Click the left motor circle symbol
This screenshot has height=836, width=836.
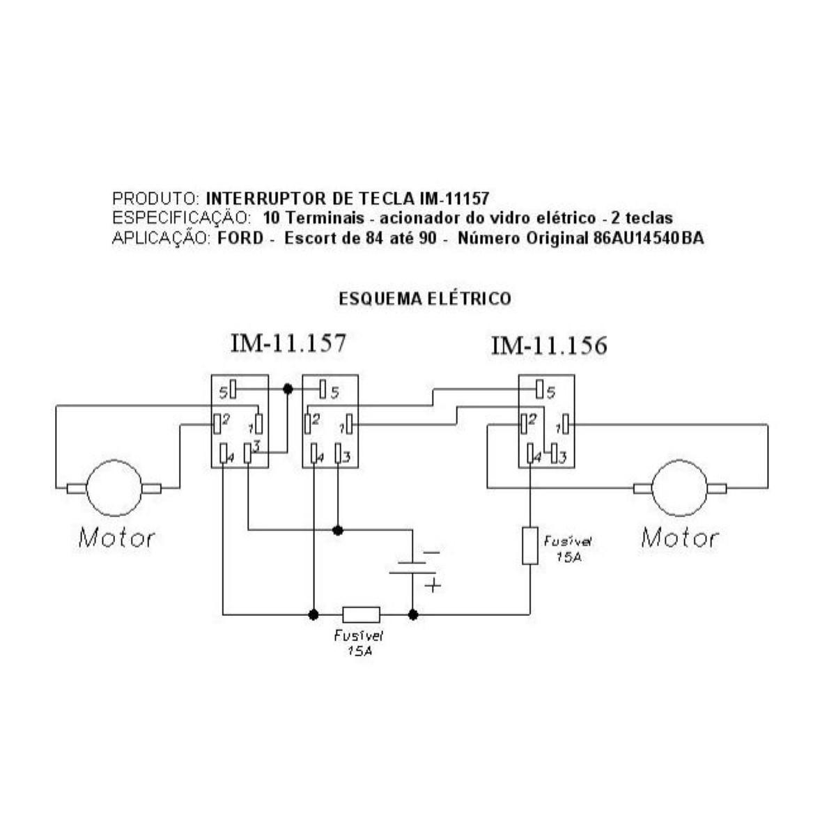(x=114, y=488)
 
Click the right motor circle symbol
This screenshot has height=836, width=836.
(x=679, y=488)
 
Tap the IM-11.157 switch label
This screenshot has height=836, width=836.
(x=288, y=343)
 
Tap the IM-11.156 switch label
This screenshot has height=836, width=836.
(x=549, y=346)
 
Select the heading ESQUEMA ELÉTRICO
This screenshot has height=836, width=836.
(x=425, y=299)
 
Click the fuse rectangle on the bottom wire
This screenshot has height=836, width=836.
(x=361, y=614)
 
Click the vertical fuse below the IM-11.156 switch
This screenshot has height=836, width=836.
(x=530, y=545)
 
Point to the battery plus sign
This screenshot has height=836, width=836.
(x=433, y=585)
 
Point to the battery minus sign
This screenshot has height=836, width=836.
(x=432, y=552)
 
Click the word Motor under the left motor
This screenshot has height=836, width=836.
(x=116, y=538)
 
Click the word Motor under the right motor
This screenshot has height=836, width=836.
(x=679, y=538)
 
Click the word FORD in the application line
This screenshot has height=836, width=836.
(x=240, y=238)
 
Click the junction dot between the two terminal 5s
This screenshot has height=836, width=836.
(x=288, y=390)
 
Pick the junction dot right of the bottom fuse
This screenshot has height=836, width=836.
(x=413, y=614)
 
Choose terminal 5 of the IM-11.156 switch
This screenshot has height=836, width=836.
(x=540, y=390)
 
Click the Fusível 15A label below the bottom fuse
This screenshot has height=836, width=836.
(x=359, y=643)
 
